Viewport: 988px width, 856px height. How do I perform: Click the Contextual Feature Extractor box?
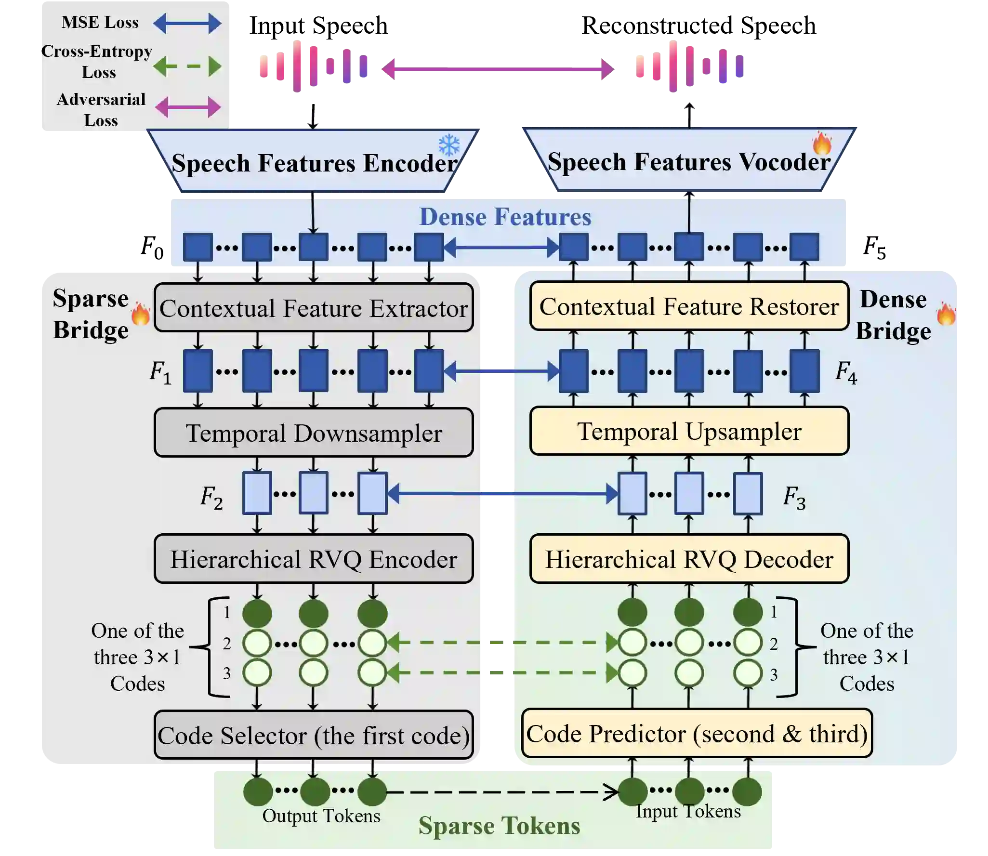(314, 308)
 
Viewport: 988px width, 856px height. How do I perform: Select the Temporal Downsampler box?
(314, 433)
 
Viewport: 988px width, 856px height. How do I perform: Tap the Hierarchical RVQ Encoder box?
(314, 559)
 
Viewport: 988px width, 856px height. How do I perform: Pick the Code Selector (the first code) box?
(314, 735)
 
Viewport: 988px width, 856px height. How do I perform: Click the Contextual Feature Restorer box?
(689, 306)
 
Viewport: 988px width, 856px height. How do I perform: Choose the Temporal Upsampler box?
(689, 431)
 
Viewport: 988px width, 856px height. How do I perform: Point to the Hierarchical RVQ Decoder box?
(689, 559)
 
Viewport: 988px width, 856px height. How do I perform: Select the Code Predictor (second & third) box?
(697, 733)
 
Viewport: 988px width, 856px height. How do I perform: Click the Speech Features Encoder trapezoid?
(314, 162)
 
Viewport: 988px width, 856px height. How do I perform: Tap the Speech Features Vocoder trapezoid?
(689, 161)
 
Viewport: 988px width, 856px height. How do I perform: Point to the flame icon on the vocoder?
(822, 143)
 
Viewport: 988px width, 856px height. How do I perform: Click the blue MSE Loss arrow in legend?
(187, 23)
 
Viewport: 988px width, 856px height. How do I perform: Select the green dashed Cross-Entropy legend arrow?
(187, 66)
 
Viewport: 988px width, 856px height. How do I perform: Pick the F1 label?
(160, 372)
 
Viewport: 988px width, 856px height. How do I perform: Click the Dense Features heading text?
(505, 217)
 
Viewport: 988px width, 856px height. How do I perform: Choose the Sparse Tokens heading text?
(499, 825)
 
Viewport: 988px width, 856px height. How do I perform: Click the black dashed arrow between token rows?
(501, 791)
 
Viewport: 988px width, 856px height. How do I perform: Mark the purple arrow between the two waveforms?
(499, 69)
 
